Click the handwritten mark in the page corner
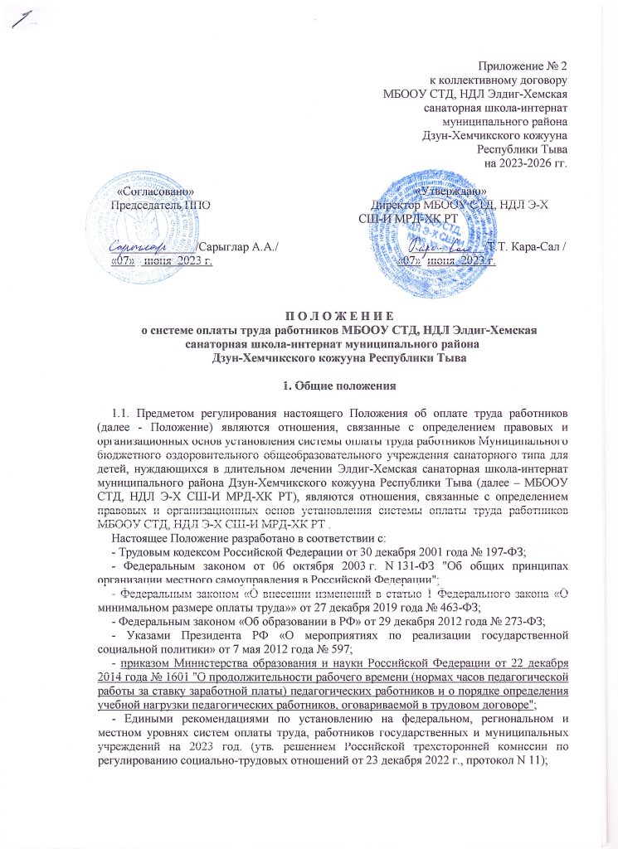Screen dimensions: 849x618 pos(22,18)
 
